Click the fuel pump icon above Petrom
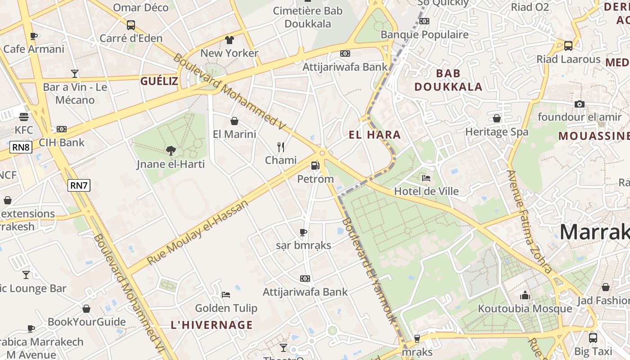tap(315, 166)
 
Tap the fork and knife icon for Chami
tap(281, 147)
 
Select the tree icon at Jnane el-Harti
tap(171, 151)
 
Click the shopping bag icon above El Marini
tap(234, 121)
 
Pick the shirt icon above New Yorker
tap(229, 40)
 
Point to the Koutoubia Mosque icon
tap(525, 295)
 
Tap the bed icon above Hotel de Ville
tap(426, 178)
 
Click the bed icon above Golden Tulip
tap(226, 295)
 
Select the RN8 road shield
tap(21, 147)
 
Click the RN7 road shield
tap(79, 185)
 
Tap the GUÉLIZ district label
tap(159, 81)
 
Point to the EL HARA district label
tap(374, 135)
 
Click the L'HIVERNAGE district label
tap(212, 324)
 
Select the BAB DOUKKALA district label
tap(448, 80)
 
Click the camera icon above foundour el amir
tap(579, 104)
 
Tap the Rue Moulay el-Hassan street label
tap(198, 232)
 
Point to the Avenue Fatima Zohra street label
tap(529, 222)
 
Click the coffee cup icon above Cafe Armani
tap(33, 36)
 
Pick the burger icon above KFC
tap(24, 117)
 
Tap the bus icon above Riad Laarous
tap(568, 46)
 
